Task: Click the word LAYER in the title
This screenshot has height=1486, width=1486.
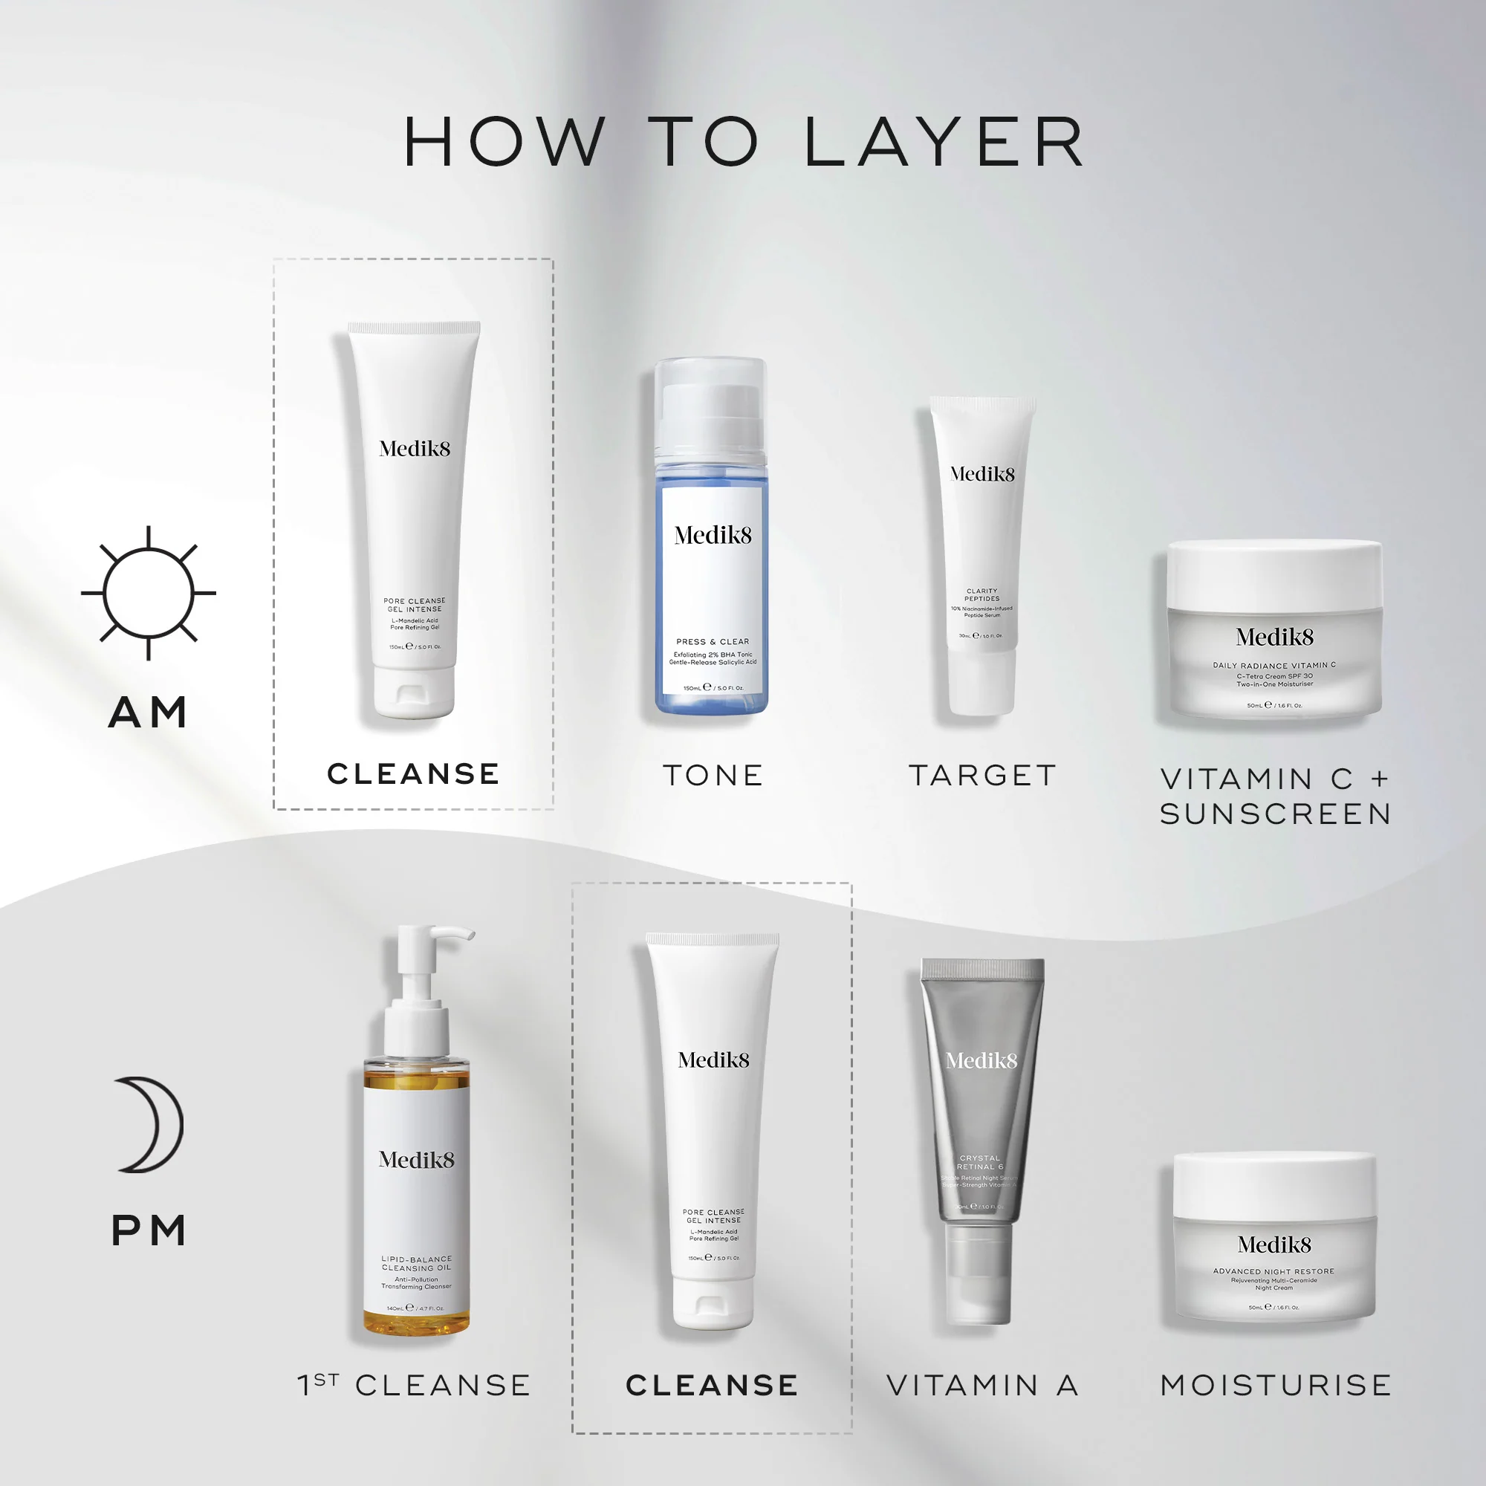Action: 944,143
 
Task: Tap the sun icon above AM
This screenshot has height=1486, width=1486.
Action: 149,593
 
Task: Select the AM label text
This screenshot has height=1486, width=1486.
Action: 149,713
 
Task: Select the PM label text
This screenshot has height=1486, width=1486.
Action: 149,1230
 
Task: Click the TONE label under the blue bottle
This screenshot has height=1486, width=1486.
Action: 713,775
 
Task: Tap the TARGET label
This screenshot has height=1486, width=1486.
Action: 982,775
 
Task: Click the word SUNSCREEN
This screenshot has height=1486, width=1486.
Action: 1275,814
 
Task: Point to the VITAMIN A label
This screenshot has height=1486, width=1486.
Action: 982,1385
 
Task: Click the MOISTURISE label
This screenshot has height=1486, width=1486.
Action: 1275,1385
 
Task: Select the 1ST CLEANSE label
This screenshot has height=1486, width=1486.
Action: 414,1385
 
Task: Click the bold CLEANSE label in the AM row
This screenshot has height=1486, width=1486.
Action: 414,773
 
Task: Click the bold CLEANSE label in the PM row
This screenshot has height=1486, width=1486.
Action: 713,1385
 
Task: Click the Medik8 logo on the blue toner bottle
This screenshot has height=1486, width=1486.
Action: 713,535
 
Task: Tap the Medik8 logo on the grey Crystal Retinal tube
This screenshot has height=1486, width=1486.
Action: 982,1062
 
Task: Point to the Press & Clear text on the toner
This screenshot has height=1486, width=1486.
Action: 713,641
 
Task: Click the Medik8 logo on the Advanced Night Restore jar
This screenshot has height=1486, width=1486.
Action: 1274,1245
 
